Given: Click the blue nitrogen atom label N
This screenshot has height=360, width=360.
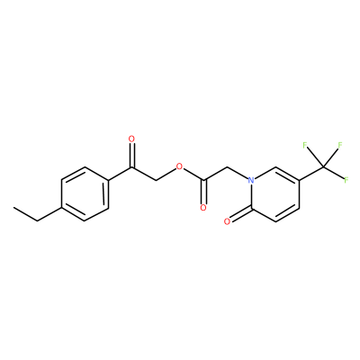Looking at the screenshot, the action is pos(251,180).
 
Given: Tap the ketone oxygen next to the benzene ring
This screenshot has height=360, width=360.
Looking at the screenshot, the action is pos(131,139).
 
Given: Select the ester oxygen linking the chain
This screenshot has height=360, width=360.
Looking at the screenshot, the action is pos(179,166).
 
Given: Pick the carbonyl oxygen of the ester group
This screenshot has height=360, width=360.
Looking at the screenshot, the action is pos(203,208).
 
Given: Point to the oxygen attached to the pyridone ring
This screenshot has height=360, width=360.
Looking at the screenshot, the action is pos(227,221).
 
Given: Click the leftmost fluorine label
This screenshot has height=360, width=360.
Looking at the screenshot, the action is pos(305,146).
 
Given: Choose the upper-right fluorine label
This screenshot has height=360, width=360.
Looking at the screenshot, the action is pos(340,145).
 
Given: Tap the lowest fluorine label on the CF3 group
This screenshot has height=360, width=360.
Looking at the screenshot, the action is pos(346,180).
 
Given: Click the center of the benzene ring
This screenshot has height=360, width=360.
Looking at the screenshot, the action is pos(85,194).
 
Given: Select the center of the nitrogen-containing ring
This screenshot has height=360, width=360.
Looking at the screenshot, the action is pos(275,194).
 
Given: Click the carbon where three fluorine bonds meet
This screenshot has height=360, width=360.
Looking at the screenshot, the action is pos(323,166).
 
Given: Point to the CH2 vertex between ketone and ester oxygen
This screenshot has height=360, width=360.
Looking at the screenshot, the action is pos(156,180).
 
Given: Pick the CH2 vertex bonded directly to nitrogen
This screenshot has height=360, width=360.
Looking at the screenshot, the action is pos(228,166).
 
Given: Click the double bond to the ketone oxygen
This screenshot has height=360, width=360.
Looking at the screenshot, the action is pos(131,156).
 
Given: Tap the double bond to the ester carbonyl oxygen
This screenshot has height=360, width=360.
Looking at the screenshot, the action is pos(204,192).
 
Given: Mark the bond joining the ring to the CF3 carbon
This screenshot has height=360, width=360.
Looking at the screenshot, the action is pos(310,174).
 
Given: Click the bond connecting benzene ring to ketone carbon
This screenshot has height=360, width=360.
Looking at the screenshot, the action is pos(120,174).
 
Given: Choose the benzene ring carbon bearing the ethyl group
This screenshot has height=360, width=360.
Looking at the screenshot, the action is pos(61,208).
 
